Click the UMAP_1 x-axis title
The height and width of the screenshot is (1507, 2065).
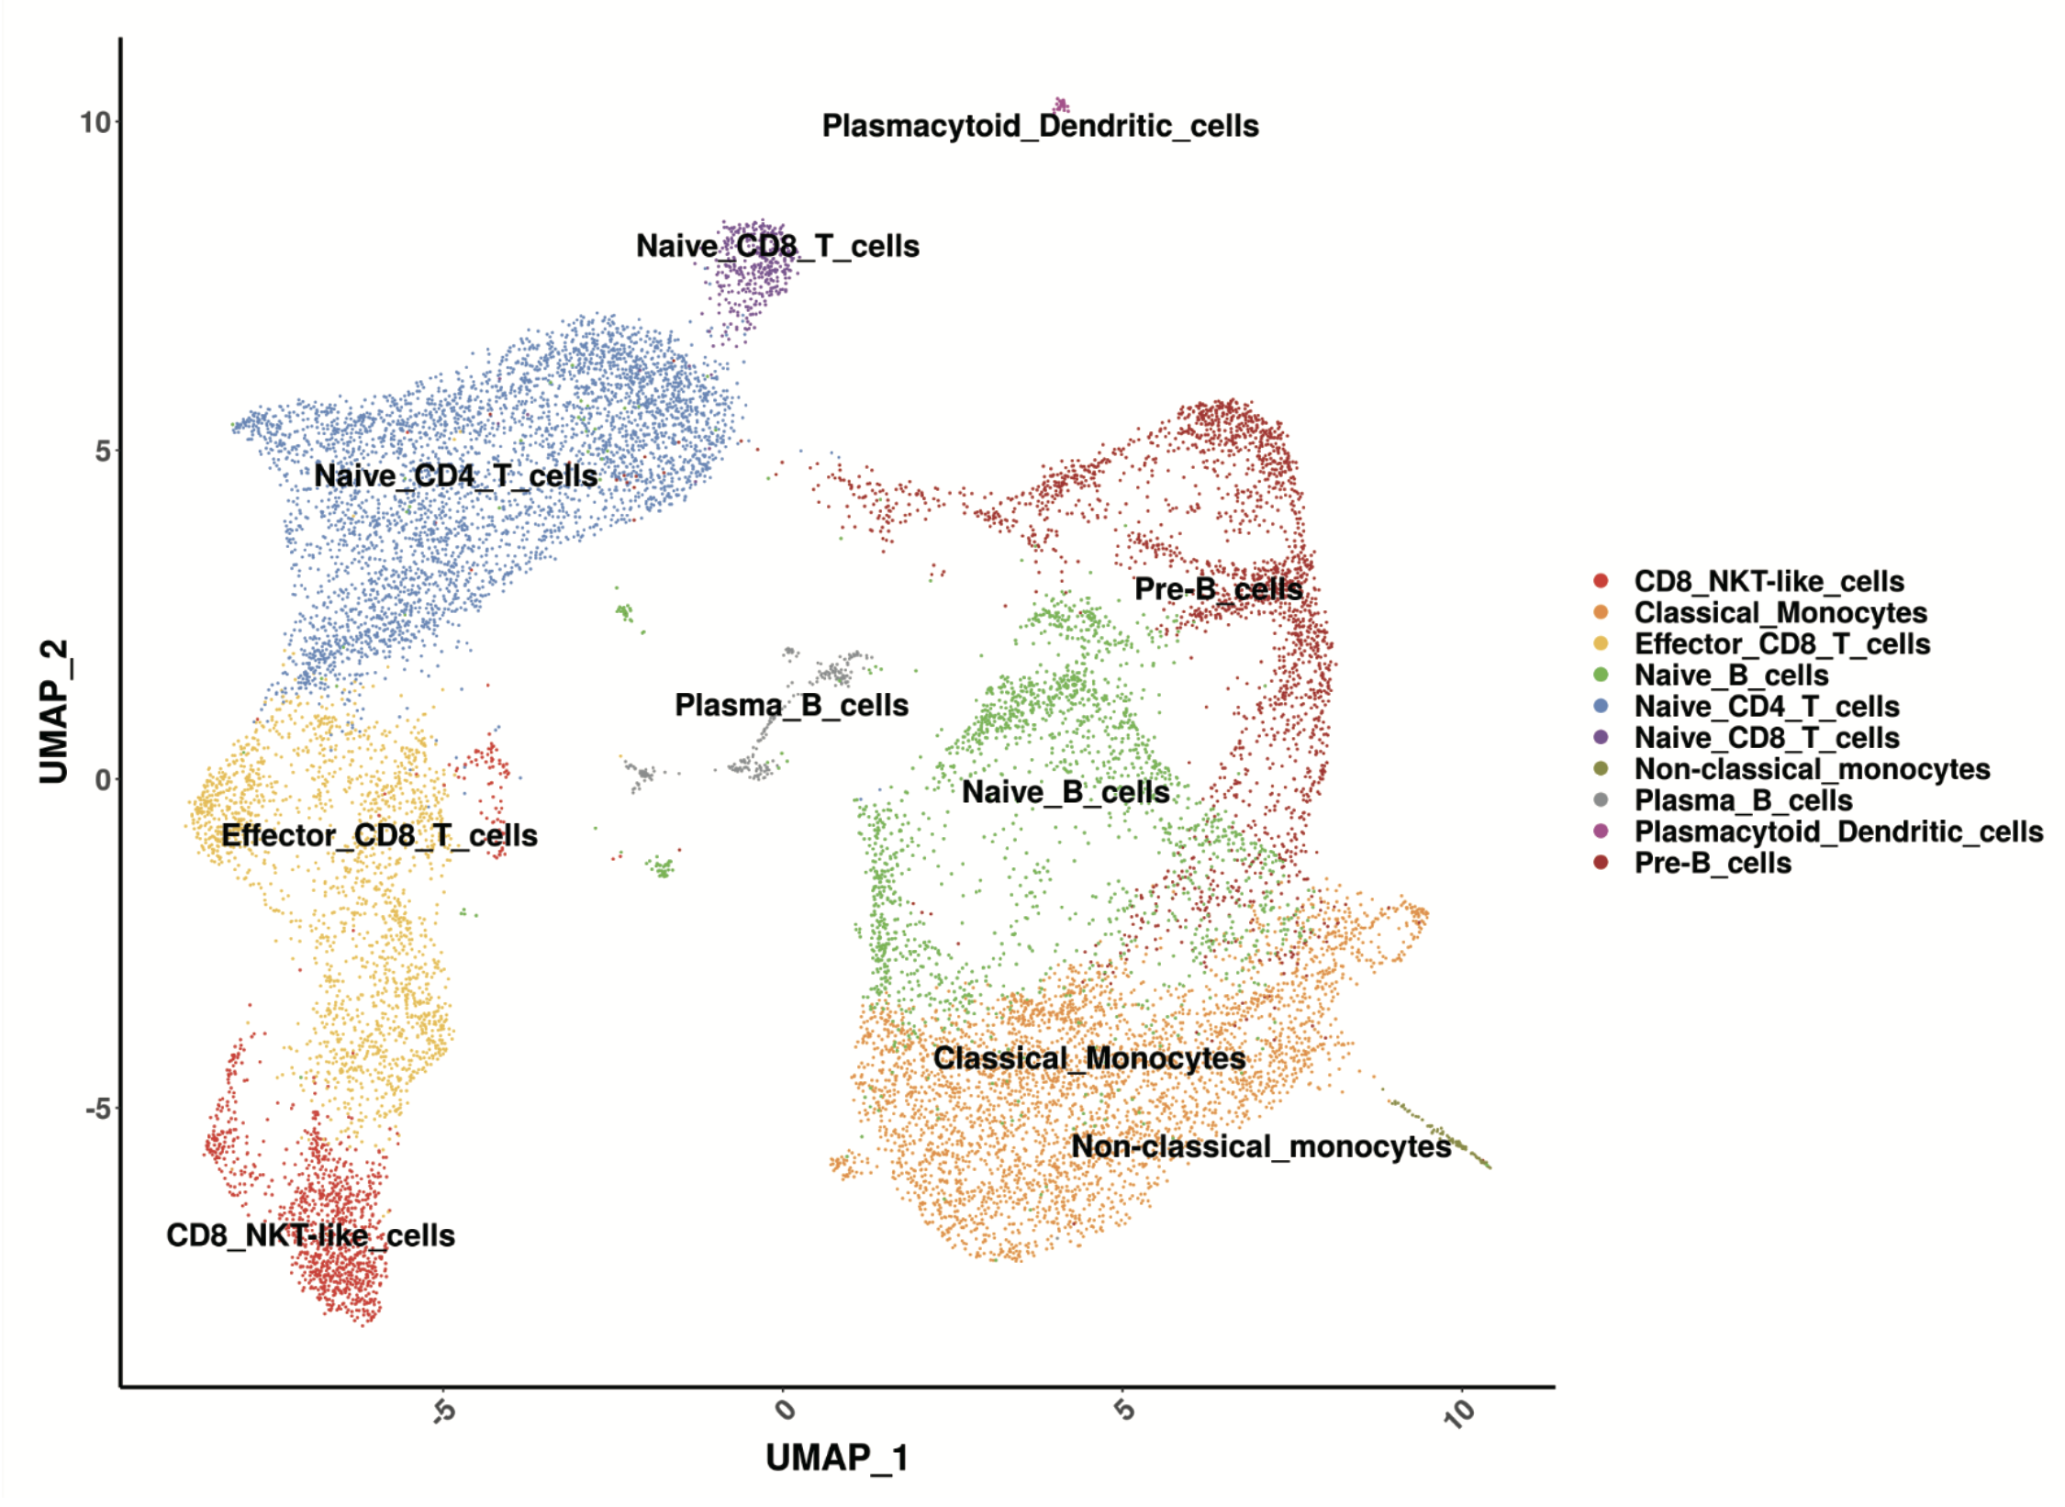click(x=836, y=1457)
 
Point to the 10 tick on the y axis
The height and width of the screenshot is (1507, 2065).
click(x=95, y=122)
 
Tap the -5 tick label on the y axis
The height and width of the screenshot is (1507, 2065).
click(x=97, y=1109)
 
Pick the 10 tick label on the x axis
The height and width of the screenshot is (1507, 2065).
click(x=1459, y=1413)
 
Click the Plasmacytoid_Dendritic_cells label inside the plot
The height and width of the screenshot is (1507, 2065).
click(x=1040, y=126)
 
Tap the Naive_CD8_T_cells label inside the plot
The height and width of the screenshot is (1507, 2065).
click(x=777, y=246)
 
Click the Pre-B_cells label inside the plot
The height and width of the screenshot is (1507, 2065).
click(x=1218, y=588)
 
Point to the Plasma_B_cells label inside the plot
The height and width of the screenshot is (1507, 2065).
click(x=791, y=705)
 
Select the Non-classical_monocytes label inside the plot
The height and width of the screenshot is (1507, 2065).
click(x=1261, y=1146)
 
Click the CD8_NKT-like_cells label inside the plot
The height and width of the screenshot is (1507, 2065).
click(x=310, y=1235)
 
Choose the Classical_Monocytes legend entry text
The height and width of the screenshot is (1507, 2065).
click(x=1780, y=612)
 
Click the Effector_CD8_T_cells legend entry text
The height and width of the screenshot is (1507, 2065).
click(x=1781, y=643)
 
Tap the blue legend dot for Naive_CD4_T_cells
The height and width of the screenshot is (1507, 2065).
click(x=1601, y=706)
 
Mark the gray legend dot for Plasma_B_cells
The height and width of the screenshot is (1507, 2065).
click(x=1601, y=799)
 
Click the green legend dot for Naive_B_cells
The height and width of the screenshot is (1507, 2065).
click(x=1601, y=675)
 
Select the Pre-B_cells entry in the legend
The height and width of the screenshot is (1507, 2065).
click(x=1712, y=863)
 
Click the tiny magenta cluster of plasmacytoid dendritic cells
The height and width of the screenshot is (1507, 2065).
click(x=1062, y=105)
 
